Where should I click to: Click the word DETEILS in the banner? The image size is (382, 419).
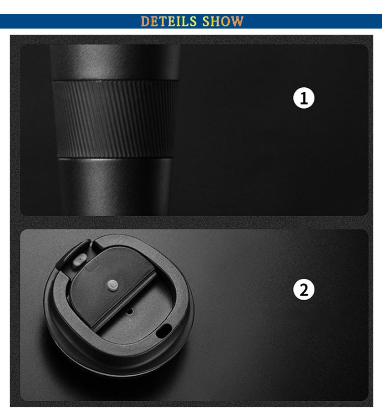pos(169,21)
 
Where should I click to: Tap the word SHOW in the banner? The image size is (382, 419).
pos(223,21)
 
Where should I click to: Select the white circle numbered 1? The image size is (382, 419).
pos(304,98)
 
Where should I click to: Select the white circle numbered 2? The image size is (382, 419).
pos(304,290)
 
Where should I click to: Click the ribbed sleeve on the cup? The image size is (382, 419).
pos(114,119)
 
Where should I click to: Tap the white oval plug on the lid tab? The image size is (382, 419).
pos(79,260)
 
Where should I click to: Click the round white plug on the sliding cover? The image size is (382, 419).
pos(113,285)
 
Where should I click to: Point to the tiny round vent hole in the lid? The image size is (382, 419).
pos(130,311)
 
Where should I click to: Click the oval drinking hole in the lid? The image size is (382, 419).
pos(163,330)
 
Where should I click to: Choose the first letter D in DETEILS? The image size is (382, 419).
pos(145,21)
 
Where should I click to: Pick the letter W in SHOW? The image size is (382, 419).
pos(237,21)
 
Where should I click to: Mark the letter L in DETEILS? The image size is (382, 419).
pos(185,21)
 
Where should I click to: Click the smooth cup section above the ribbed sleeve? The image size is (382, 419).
pos(115,62)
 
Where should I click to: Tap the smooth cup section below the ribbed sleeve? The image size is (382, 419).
pos(115,187)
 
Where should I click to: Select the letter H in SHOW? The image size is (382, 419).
pos(215,21)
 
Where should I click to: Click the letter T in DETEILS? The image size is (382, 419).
pos(162,21)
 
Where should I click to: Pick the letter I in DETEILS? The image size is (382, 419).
pos(178,21)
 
